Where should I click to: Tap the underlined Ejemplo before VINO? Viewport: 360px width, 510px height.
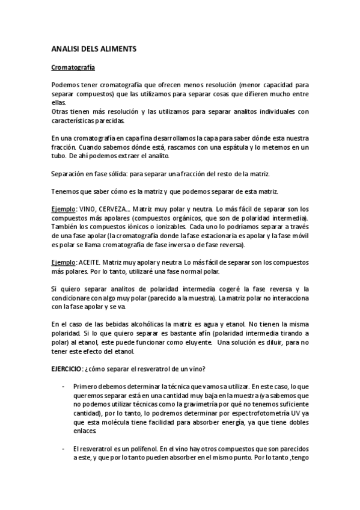63,208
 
